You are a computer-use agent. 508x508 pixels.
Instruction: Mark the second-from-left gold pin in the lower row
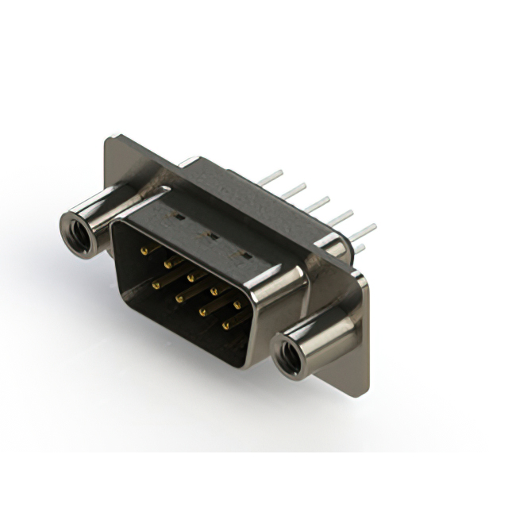(179, 295)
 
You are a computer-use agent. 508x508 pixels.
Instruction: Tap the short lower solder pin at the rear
(360, 248)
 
